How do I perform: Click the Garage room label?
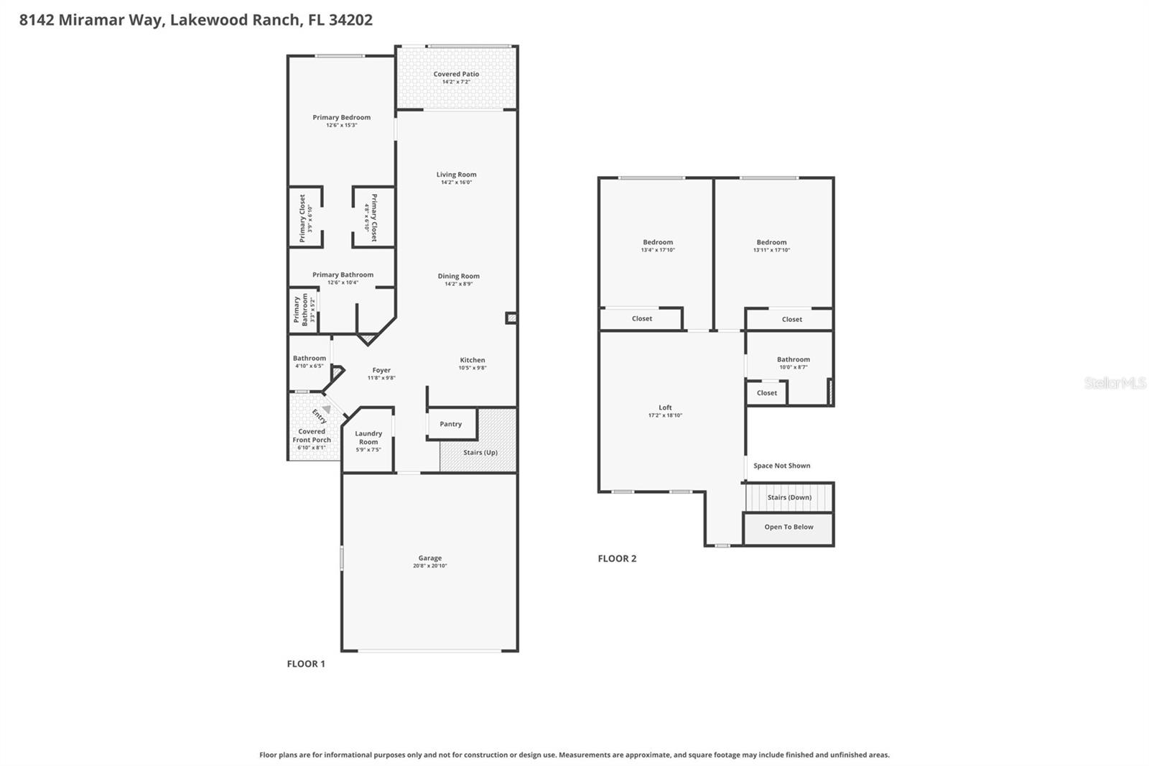(x=429, y=558)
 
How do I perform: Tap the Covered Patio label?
(x=456, y=74)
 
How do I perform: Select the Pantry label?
(x=450, y=424)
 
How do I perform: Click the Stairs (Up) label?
(x=480, y=452)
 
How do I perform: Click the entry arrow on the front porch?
(x=326, y=409)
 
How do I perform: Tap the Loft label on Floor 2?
(x=665, y=407)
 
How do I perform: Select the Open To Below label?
(x=789, y=527)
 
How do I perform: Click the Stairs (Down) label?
(x=789, y=497)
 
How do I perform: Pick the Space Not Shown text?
(x=781, y=466)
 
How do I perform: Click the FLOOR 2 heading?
(x=617, y=558)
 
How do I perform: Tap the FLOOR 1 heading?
(x=306, y=663)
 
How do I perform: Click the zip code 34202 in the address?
(x=350, y=20)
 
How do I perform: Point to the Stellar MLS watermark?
(x=1115, y=383)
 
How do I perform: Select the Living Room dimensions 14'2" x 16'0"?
(x=456, y=183)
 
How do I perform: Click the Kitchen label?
(x=473, y=360)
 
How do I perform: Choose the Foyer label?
(x=381, y=370)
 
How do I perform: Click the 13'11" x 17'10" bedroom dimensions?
(x=771, y=250)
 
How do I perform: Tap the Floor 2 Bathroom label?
(x=793, y=359)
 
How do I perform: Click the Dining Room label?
(x=458, y=276)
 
